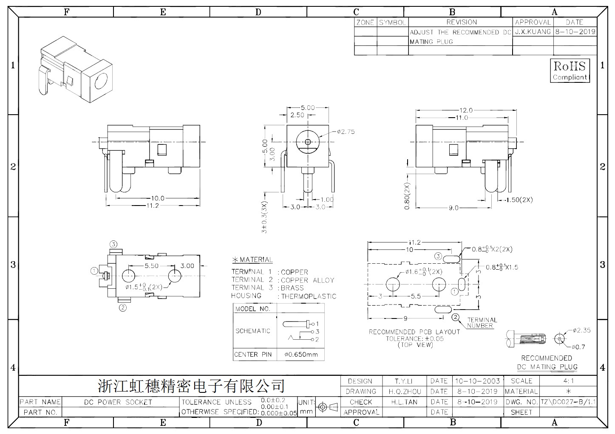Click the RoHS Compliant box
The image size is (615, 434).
[x=570, y=70]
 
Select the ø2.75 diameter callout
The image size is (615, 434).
[x=346, y=132]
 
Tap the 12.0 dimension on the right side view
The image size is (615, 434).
[x=466, y=110]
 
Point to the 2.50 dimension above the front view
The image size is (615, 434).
[x=298, y=115]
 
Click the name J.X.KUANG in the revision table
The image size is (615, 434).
[x=533, y=32]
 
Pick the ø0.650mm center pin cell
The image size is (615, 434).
[x=301, y=355]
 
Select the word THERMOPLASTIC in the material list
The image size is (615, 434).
[x=309, y=296]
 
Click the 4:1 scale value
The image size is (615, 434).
[x=568, y=381]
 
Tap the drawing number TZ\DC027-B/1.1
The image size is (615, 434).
[x=568, y=402]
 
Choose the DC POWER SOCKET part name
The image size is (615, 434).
[x=118, y=402]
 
